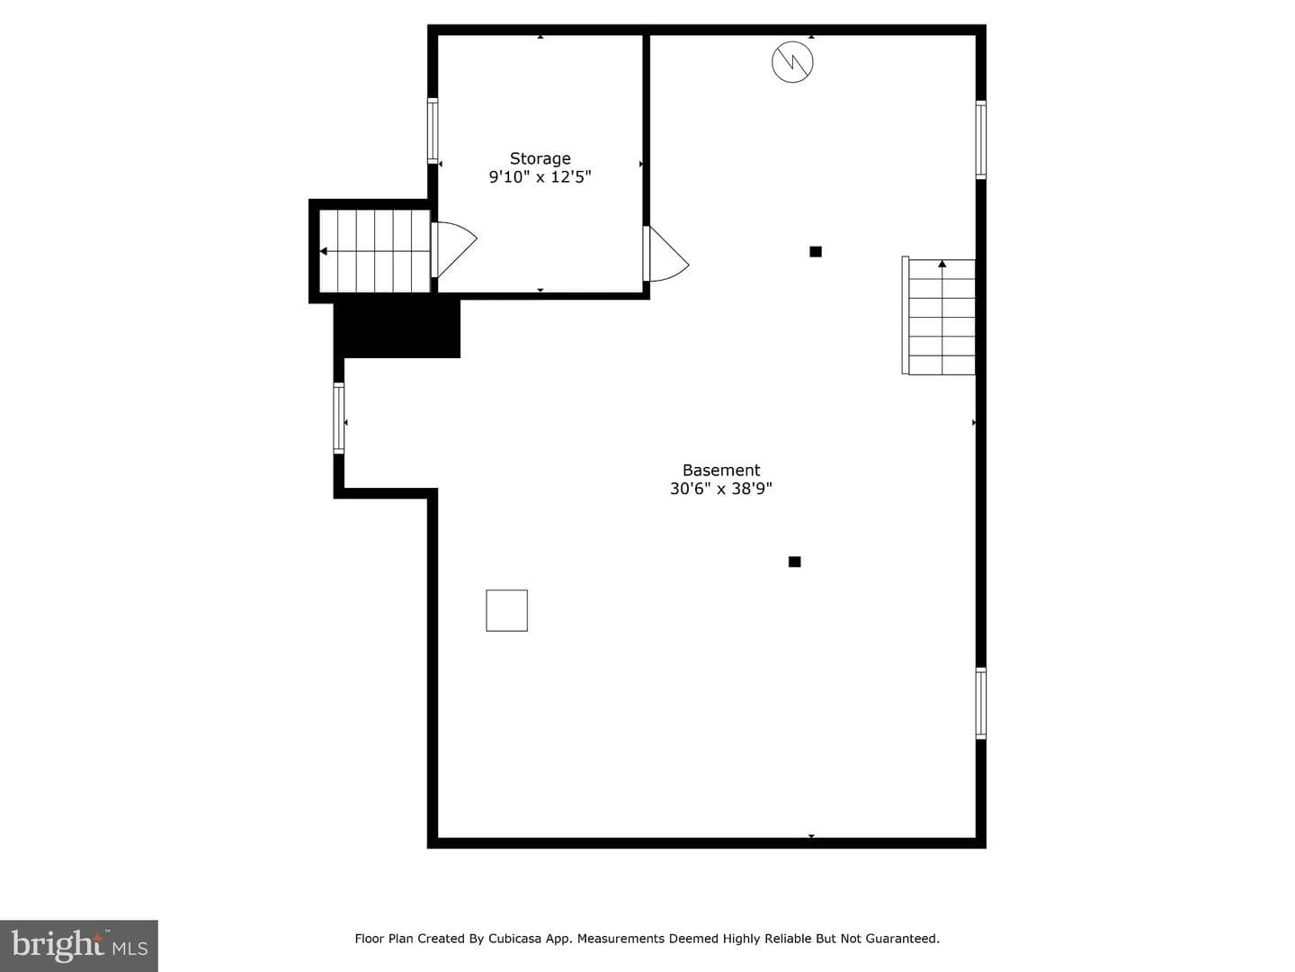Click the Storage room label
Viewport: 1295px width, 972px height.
tap(540, 158)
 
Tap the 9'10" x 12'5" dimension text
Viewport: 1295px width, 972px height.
tap(540, 177)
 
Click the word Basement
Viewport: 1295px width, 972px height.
tap(721, 471)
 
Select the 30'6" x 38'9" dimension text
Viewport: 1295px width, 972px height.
tap(721, 489)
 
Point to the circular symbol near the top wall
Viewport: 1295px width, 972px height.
tap(792, 62)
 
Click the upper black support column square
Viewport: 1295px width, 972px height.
tap(816, 252)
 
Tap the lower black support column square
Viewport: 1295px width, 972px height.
tap(795, 562)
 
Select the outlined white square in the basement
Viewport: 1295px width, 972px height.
tap(507, 610)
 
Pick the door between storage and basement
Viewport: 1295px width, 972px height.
tap(665, 254)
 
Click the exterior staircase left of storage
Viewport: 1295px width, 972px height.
tap(375, 251)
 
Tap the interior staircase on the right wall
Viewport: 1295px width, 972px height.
tap(938, 316)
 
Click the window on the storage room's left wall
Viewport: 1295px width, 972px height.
tap(433, 131)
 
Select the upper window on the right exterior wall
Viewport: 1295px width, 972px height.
tap(980, 139)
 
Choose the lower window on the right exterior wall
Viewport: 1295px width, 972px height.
tap(980, 703)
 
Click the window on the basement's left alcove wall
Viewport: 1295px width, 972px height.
tap(339, 418)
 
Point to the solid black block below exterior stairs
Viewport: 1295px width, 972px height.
tap(397, 329)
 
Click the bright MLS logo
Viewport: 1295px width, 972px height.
tap(79, 945)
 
